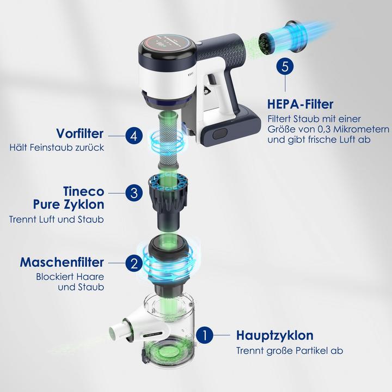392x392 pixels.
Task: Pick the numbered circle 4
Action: click(x=133, y=134)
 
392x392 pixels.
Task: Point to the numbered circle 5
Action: click(x=285, y=68)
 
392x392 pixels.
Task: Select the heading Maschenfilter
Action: click(x=62, y=262)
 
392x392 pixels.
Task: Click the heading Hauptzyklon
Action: click(x=274, y=335)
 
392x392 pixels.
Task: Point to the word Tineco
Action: click(x=84, y=192)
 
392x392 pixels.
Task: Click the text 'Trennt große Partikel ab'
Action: click(x=289, y=351)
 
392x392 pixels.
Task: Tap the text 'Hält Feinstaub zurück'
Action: click(x=57, y=148)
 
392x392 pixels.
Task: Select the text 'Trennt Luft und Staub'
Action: click(x=56, y=220)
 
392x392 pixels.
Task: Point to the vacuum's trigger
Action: click(x=208, y=90)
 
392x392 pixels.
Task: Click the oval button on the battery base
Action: click(x=220, y=134)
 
